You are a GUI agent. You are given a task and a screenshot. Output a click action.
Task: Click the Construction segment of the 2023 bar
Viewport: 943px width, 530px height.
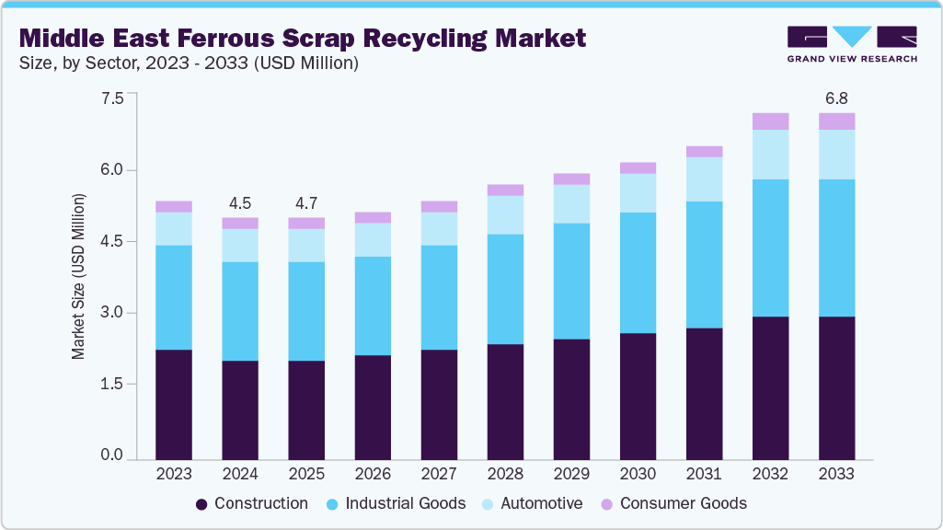point(174,404)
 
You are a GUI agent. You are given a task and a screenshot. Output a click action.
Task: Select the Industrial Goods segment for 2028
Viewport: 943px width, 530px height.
point(505,289)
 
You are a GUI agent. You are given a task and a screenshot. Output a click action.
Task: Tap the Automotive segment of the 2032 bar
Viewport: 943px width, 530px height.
point(770,155)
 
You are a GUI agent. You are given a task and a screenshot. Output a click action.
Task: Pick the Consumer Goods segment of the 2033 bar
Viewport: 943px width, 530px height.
point(836,121)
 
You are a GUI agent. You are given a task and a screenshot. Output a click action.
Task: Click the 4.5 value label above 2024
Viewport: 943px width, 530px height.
point(240,203)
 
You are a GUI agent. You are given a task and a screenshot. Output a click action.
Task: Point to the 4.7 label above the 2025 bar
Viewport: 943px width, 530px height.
point(306,203)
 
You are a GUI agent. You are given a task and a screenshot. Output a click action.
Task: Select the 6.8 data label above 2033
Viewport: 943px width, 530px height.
point(836,98)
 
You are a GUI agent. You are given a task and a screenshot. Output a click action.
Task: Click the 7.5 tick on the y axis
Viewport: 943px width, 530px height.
point(111,98)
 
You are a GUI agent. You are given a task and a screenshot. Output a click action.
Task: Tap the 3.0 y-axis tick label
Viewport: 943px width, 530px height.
point(111,313)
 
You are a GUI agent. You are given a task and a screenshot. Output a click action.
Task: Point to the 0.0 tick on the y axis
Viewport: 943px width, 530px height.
point(111,455)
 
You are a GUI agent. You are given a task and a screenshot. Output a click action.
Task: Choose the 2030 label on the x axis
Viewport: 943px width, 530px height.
point(638,474)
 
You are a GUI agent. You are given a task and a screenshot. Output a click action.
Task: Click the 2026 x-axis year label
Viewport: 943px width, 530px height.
point(373,474)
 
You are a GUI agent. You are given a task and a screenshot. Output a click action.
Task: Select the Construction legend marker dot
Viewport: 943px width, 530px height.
point(202,504)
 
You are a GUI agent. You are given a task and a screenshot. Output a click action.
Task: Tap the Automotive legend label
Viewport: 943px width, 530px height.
point(540,503)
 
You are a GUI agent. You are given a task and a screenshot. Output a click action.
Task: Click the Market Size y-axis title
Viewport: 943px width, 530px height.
point(79,276)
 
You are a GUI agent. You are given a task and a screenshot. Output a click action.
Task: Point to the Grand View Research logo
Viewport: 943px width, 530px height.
point(851,43)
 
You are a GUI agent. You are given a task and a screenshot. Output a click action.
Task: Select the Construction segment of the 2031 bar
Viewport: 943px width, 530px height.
point(704,394)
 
